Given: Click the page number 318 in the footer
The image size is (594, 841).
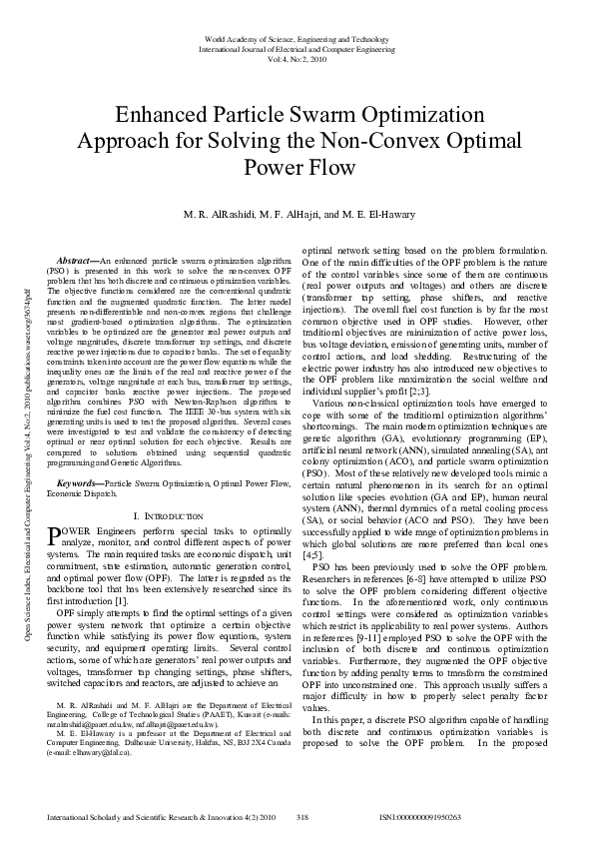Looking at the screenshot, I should (x=302, y=817).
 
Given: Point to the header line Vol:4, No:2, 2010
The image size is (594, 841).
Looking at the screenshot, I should (x=297, y=59).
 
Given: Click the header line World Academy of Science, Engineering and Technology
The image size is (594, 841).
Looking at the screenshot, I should (x=297, y=39).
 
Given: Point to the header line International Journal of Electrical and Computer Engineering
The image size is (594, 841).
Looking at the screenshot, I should (x=297, y=49).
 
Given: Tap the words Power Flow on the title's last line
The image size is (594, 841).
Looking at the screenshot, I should (x=297, y=167).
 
